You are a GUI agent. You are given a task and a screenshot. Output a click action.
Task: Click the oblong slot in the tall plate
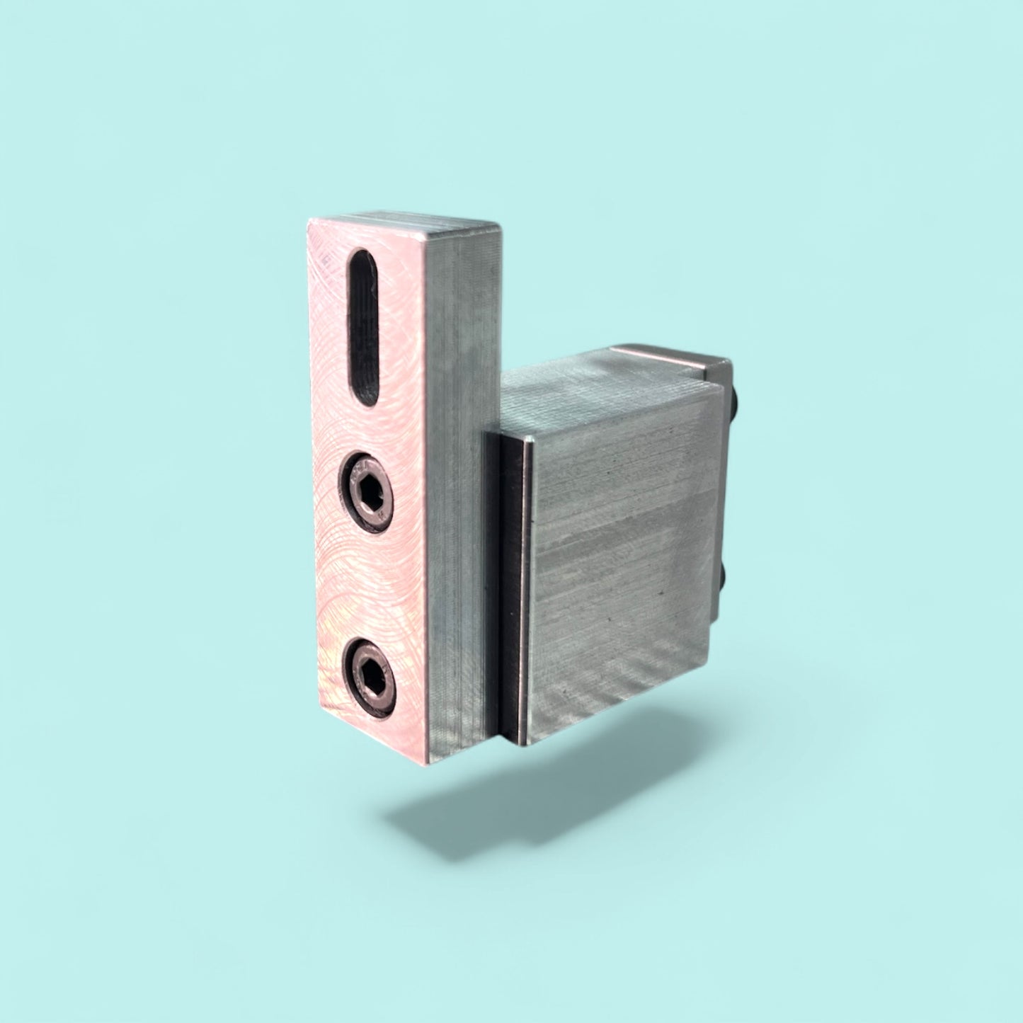click(x=364, y=327)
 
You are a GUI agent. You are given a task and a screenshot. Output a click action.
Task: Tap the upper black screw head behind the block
click(x=737, y=404)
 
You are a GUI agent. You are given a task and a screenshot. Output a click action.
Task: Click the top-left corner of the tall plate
click(x=309, y=221)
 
